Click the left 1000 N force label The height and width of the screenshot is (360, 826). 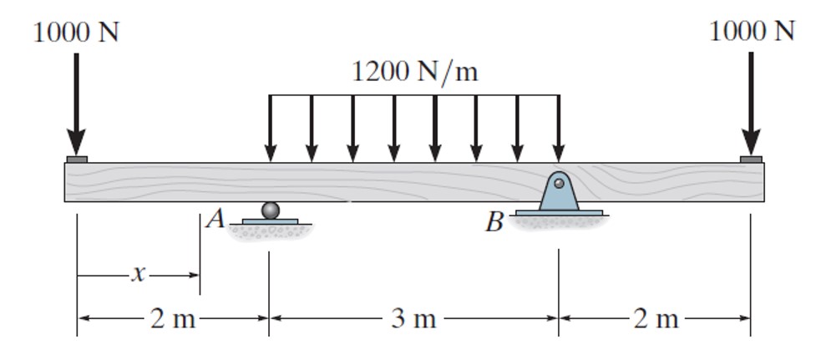point(76,33)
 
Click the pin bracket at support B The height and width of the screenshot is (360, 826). point(559,193)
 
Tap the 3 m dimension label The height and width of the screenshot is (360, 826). point(414,318)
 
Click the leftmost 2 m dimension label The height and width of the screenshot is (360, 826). point(172,318)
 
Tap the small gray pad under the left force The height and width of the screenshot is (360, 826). point(76,159)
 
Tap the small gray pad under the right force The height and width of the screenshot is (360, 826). point(751,159)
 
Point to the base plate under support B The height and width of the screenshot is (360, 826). point(559,214)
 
